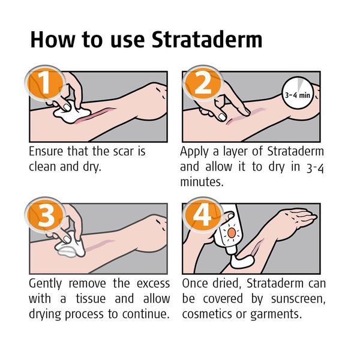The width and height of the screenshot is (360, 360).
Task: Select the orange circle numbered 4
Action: pyautogui.click(x=201, y=217)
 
